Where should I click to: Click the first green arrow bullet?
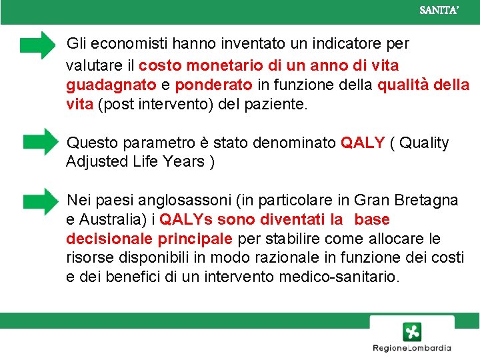point(39,45)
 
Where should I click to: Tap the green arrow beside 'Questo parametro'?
point(41,141)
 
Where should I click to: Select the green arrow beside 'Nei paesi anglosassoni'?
point(41,200)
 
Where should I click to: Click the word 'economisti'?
point(120,44)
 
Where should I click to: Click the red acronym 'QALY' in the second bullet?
point(363,143)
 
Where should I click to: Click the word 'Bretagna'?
point(427,200)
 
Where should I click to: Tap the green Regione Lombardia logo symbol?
point(411,331)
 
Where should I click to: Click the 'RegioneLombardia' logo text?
point(411,348)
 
